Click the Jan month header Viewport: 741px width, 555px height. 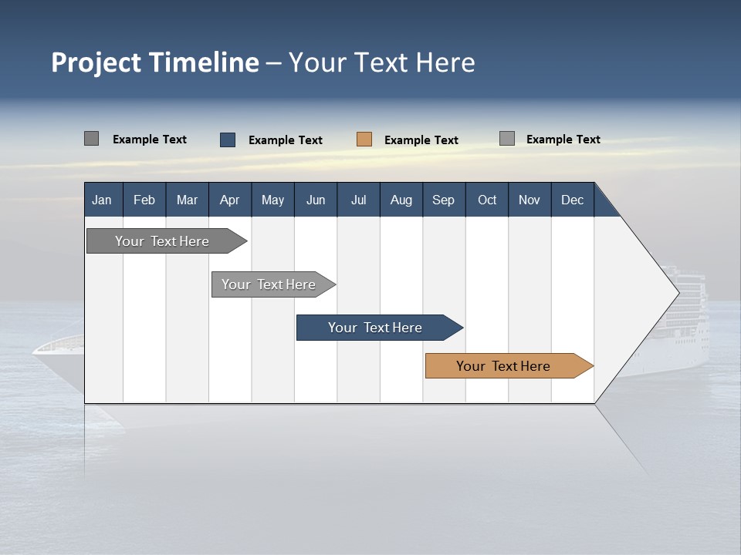click(x=102, y=200)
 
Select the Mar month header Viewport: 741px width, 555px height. click(x=187, y=200)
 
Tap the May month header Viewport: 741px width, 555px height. click(x=272, y=200)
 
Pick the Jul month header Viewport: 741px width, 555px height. click(x=358, y=200)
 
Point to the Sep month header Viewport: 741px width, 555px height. click(x=443, y=200)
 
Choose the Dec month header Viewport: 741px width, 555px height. click(x=572, y=200)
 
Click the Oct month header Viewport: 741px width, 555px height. click(x=487, y=200)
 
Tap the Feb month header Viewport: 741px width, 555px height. click(x=144, y=200)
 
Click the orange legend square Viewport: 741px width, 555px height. click(x=364, y=140)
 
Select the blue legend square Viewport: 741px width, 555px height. click(x=228, y=140)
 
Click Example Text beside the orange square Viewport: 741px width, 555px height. click(x=421, y=140)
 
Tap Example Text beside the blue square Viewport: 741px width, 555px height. click(x=286, y=140)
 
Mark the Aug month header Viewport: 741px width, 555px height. click(x=401, y=200)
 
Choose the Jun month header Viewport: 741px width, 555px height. click(x=316, y=200)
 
